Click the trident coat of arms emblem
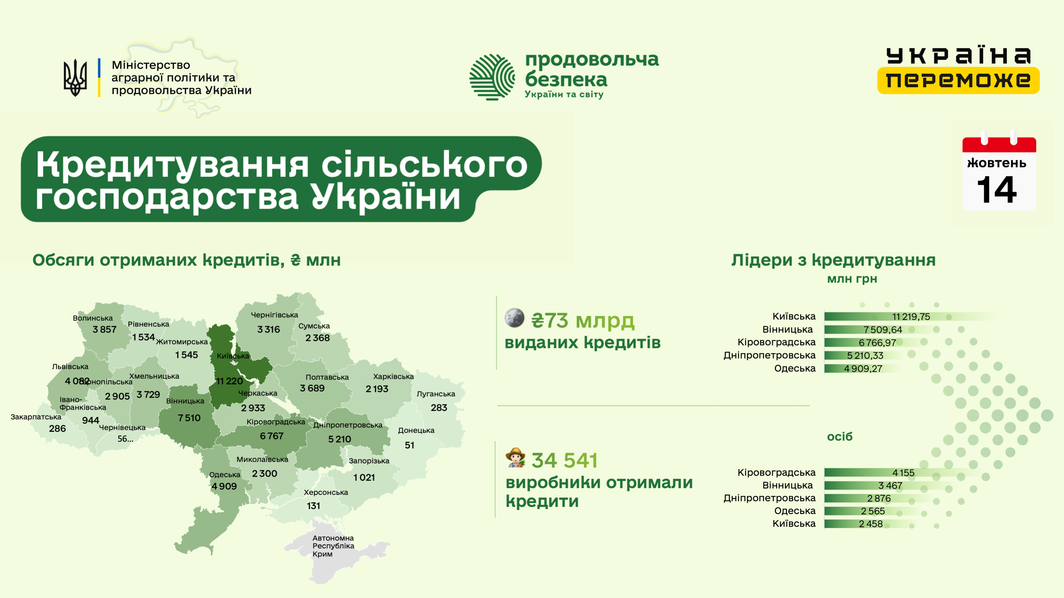click(75, 78)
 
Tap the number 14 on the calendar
click(997, 190)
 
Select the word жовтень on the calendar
click(997, 163)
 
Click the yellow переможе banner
click(958, 80)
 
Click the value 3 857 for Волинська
click(105, 329)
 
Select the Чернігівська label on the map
click(274, 315)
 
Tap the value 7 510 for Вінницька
click(189, 418)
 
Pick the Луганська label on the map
click(436, 394)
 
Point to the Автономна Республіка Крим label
click(333, 546)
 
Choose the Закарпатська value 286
click(57, 428)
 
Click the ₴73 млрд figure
click(583, 321)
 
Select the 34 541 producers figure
click(564, 460)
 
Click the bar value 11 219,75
click(911, 317)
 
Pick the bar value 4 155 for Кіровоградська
click(903, 473)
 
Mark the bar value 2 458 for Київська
click(870, 524)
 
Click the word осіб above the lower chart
click(839, 436)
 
